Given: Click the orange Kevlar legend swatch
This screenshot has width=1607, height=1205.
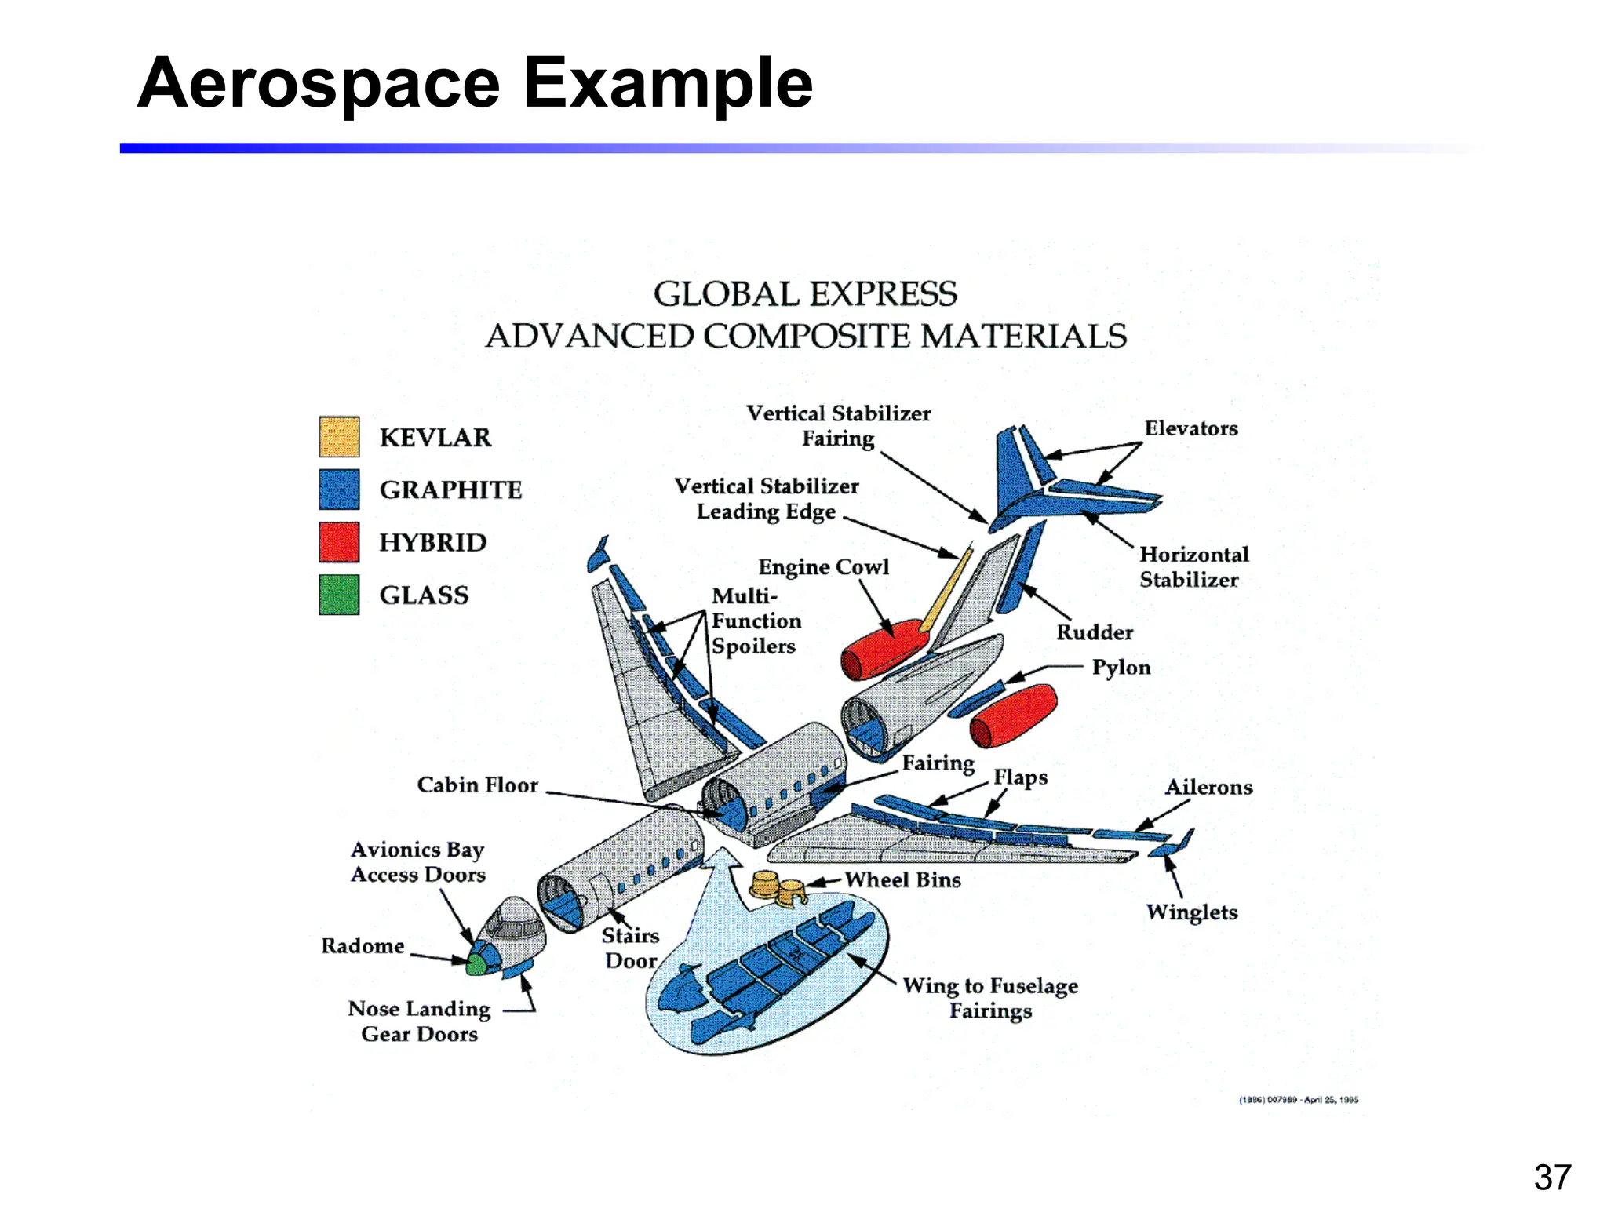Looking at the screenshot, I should pos(339,436).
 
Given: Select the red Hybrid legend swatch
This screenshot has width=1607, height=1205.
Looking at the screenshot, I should pos(339,542).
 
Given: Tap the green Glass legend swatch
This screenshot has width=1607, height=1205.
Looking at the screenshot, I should pos(339,595).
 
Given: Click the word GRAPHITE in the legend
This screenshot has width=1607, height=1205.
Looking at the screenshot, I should pos(450,490).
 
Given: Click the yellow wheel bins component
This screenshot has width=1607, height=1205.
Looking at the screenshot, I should pos(778,886).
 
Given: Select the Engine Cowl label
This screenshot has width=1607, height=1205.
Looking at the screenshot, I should pos(823,566).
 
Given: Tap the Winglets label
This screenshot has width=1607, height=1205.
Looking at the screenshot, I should pos(1191,912).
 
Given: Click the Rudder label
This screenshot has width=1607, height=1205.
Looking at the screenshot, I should pos(1094,632).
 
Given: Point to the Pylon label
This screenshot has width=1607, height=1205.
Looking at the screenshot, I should pos(1121,667).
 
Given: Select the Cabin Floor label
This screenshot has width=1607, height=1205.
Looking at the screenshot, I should pos(477,785).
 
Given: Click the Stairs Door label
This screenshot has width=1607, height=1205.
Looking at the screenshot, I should pos(630,948).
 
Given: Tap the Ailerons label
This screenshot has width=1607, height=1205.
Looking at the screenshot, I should pos(1208,787).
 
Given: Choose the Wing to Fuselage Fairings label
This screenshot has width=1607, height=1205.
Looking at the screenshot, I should pos(990,997).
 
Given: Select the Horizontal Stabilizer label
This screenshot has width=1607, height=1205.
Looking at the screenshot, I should pos(1193,566).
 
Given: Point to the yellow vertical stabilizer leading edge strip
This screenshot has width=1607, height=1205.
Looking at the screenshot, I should pos(946,592).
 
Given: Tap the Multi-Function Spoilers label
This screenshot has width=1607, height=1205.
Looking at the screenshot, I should pos(755,621).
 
